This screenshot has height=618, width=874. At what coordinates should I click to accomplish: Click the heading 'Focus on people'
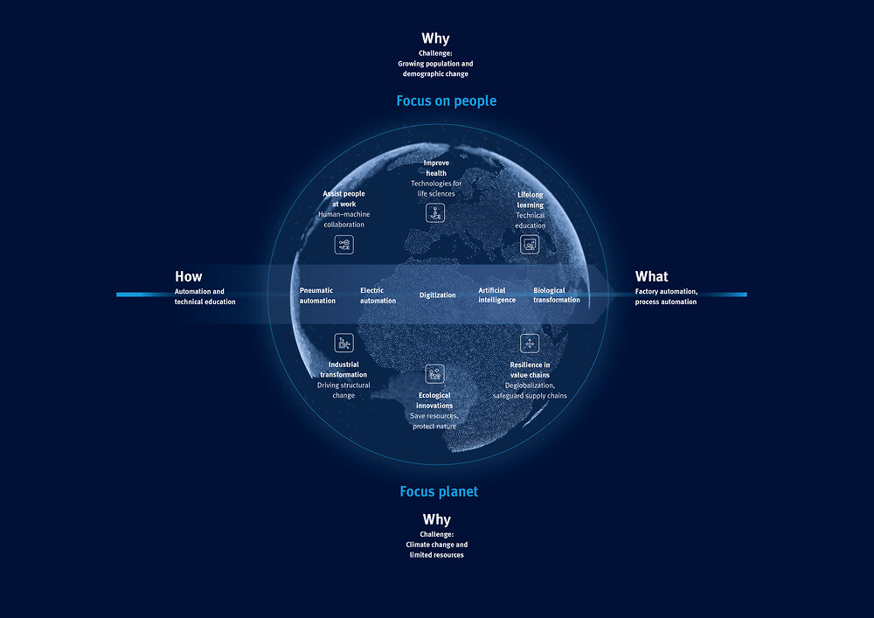pos(446,101)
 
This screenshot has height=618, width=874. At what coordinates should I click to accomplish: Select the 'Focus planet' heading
pos(439,491)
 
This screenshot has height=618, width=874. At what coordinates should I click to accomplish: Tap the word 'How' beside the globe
pos(189,276)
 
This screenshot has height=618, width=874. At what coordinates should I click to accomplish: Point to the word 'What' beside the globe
pos(652,276)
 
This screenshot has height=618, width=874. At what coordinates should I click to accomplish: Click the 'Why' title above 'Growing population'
pos(435,38)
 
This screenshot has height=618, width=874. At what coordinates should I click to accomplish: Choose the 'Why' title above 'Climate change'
pos(436,519)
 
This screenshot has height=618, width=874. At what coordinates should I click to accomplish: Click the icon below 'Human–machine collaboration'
pos(343,245)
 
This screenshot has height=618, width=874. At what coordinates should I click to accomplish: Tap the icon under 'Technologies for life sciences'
pos(435,213)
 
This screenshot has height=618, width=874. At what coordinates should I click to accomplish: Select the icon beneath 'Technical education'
pos(530,245)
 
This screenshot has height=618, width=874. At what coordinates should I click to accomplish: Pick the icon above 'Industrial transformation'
pos(343,343)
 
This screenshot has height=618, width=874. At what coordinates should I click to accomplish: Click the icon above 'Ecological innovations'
pos(434,374)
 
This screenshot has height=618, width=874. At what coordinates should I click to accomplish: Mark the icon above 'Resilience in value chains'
pos(530,344)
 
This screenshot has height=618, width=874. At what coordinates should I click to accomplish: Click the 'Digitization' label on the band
pos(438,295)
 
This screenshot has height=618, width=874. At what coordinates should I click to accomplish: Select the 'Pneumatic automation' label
pos(317,295)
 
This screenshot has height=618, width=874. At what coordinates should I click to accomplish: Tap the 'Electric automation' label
pos(378,295)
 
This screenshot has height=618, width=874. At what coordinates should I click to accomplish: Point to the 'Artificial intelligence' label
pos(496,295)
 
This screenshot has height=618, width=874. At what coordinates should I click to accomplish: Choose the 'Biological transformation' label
pos(556,295)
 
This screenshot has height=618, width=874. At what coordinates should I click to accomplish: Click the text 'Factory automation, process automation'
pos(666,296)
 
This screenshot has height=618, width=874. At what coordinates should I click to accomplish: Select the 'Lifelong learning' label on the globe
pos(531,200)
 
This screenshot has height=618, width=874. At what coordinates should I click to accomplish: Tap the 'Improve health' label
pos(436,169)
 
